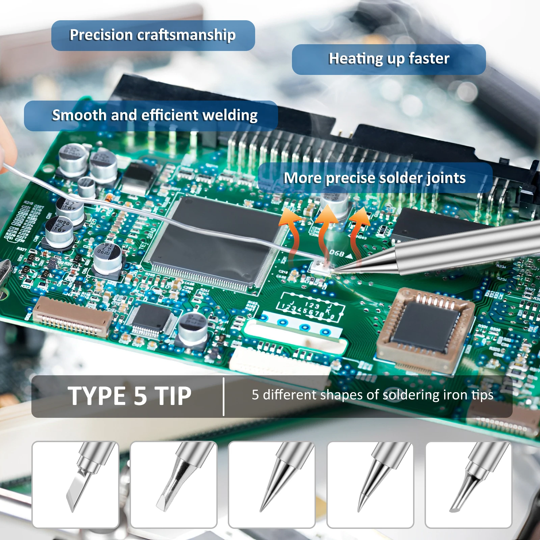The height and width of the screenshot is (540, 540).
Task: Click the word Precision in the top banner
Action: click(101, 35)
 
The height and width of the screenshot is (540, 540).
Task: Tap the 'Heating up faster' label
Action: click(389, 59)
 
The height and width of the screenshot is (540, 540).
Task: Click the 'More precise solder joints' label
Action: click(375, 178)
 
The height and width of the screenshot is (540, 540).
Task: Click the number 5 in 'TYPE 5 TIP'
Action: click(140, 396)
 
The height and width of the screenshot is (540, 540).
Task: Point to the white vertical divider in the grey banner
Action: click(223, 397)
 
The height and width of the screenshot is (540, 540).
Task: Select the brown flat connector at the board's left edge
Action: click(73, 317)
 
